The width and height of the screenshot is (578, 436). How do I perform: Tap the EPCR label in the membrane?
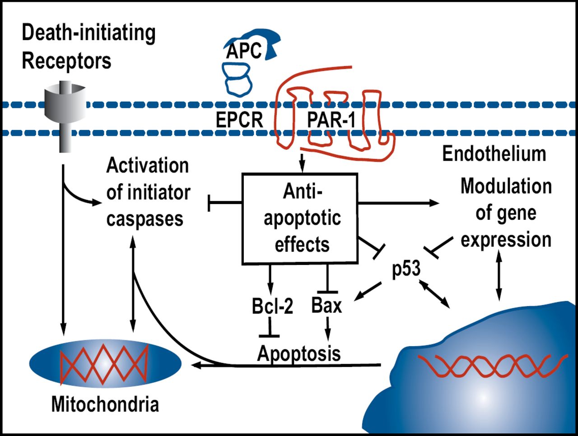click(239, 120)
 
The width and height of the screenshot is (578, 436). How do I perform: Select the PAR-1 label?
click(331, 120)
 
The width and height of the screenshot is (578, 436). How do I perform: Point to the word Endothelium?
click(494, 154)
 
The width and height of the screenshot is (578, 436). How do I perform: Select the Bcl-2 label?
click(272, 306)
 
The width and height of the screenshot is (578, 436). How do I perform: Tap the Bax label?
click(326, 306)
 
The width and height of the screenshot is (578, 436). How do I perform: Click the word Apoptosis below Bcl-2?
click(299, 353)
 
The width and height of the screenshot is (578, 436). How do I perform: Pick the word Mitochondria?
click(105, 404)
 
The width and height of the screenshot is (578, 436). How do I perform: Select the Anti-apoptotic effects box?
click(301, 218)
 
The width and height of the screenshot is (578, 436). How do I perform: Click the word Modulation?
click(506, 186)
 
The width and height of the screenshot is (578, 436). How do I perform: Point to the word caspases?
click(145, 219)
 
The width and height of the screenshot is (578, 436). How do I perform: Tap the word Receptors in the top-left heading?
click(66, 61)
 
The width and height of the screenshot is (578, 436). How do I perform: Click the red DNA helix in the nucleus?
click(492, 366)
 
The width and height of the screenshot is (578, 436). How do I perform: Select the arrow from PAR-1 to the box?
click(302, 162)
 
